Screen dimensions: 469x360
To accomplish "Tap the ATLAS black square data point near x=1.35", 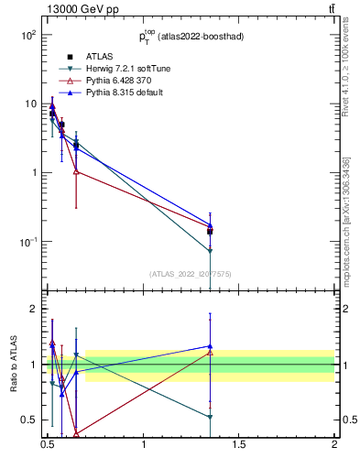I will pos(211,232).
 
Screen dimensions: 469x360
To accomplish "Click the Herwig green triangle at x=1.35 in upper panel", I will pos(211,251).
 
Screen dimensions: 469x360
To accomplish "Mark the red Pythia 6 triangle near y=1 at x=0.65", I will pos(76,171).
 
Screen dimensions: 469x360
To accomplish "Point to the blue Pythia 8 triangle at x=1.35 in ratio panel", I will pos(211,346).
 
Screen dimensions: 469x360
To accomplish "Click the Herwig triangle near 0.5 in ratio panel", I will pos(211,417).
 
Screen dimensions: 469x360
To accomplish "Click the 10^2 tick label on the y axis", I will pos(27,35).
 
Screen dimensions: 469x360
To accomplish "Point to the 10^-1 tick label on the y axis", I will pos(27,242).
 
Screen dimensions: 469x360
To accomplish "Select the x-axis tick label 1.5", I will pos(239,446).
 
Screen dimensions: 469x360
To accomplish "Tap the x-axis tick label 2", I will pos(334,446).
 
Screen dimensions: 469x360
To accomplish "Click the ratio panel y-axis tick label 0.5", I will pos(28,420).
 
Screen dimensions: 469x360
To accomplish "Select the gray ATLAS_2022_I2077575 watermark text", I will pos(189,273).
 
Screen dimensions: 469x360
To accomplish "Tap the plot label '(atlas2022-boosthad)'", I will pos(201,37).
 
